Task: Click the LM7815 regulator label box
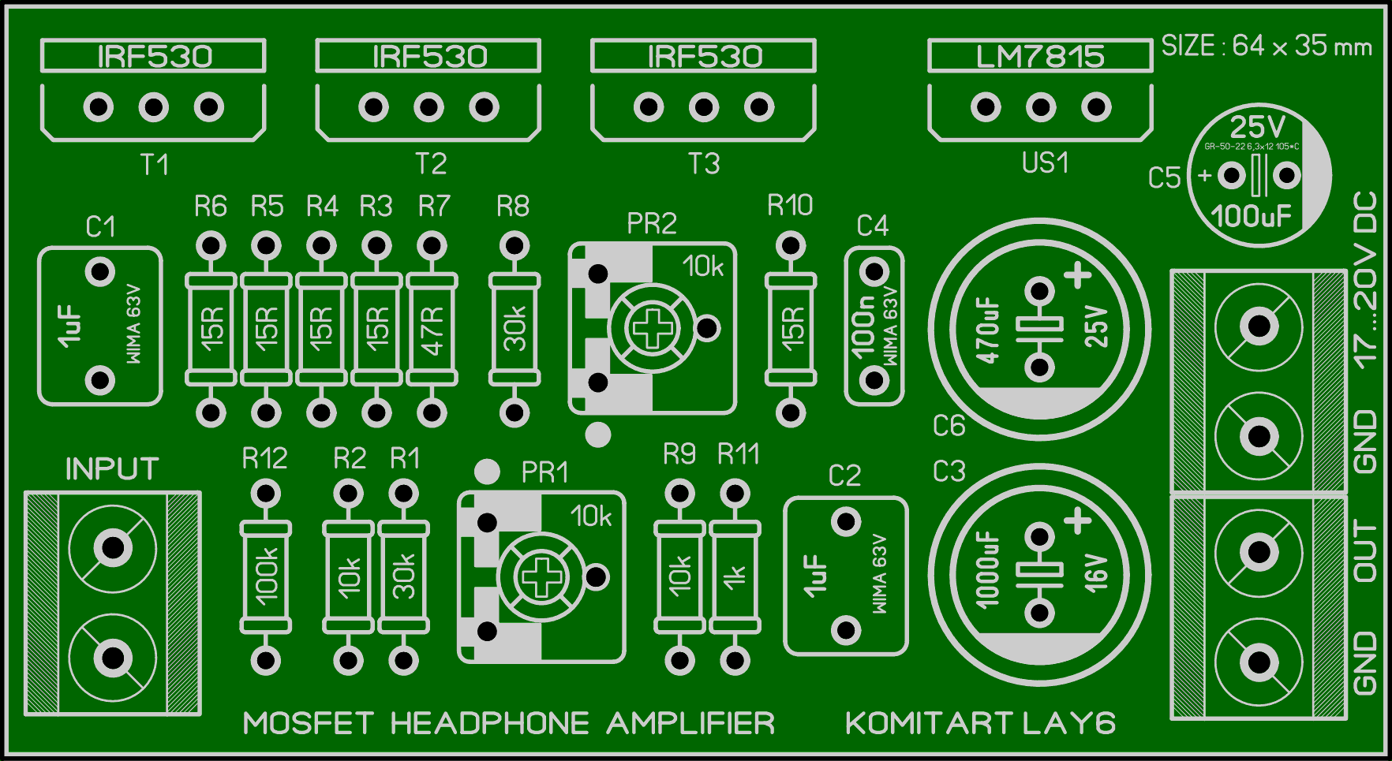pos(1040,56)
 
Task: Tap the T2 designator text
pos(431,164)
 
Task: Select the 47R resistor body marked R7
pos(432,329)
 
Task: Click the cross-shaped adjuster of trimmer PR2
pos(653,328)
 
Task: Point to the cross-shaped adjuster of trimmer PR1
pos(541,576)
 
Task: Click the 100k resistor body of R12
pos(265,576)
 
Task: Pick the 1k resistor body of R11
pos(735,576)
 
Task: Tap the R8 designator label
pos(513,207)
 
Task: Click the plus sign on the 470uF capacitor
pos(1078,275)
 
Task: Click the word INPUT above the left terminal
pos(112,469)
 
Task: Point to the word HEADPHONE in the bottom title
pos(489,723)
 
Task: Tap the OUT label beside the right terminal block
pos(1365,551)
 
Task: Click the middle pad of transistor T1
pos(154,106)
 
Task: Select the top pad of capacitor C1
pos(100,273)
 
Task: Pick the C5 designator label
pos(1164,178)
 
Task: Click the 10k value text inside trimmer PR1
pos(591,517)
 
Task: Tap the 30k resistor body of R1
pos(404,576)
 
